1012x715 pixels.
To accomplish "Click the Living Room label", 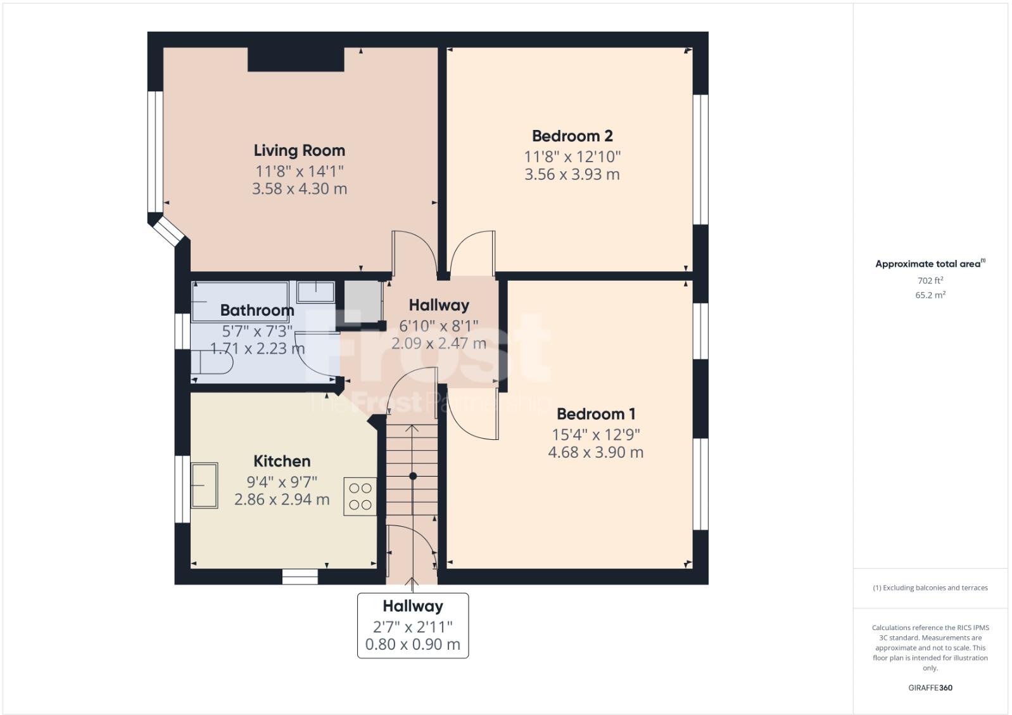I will [299, 150].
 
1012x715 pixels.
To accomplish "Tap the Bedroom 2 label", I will [572, 136].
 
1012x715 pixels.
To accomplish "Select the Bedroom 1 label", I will [595, 414].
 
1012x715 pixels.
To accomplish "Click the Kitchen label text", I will [282, 461].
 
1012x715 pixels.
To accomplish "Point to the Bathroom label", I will [257, 310].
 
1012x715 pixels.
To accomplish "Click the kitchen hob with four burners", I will [360, 496].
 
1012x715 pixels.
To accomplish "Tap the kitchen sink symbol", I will [205, 485].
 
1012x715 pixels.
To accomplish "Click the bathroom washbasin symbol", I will [315, 292].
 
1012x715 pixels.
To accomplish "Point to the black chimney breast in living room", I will [296, 60].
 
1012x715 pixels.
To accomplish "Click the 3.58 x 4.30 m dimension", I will [299, 189].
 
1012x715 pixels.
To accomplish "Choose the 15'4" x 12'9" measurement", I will [595, 434].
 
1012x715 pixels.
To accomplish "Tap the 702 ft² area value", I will [930, 280].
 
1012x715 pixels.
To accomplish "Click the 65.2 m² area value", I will [930, 295].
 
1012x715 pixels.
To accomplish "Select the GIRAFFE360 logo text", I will [930, 688].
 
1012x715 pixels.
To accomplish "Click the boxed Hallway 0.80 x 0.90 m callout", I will [413, 626].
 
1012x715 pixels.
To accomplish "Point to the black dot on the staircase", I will [413, 475].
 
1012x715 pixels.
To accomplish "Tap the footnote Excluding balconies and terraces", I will [930, 588].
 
